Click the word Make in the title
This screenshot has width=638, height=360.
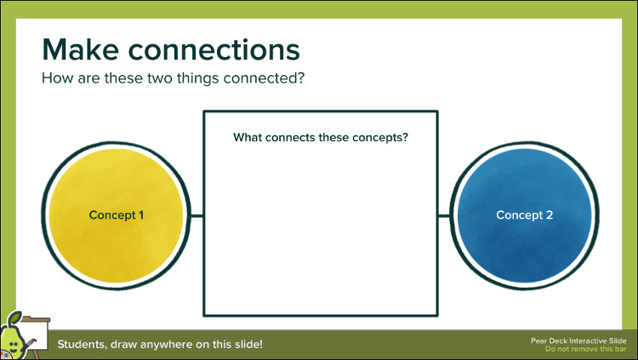(x=81, y=49)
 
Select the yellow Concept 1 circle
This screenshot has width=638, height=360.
(x=116, y=215)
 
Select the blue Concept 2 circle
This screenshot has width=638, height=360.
(x=525, y=215)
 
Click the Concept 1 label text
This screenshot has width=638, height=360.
(x=117, y=215)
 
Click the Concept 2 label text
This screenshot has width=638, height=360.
(x=525, y=215)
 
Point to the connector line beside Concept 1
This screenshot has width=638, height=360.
(x=197, y=216)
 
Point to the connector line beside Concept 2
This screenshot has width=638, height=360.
(x=444, y=216)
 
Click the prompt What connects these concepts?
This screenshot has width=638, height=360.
(x=321, y=138)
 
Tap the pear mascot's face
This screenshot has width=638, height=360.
(x=13, y=346)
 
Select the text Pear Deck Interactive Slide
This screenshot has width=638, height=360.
(x=578, y=341)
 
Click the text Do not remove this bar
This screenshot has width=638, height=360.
(x=586, y=349)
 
